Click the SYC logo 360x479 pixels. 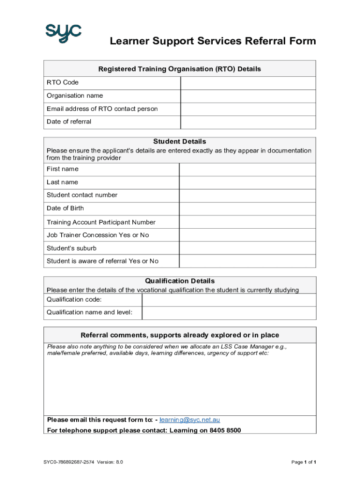[63, 32]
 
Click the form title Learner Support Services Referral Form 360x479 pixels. [213, 41]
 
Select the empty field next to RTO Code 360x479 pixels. [248, 83]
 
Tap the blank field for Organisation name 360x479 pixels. [248, 96]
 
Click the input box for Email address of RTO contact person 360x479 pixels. [248, 109]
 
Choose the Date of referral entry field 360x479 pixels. [248, 122]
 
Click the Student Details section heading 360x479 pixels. [180, 141]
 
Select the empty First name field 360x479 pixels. [247, 169]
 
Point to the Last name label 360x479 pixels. [62, 182]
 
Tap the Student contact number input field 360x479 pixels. [247, 196]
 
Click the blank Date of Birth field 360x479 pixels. [247, 209]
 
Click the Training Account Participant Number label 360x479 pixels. [101, 222]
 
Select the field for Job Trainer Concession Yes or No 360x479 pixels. [247, 235]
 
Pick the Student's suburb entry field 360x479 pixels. [247, 248]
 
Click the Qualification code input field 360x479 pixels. [229, 300]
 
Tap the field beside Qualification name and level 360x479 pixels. [229, 312]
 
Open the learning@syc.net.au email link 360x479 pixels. [189, 420]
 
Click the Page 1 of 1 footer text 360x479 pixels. [304, 462]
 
